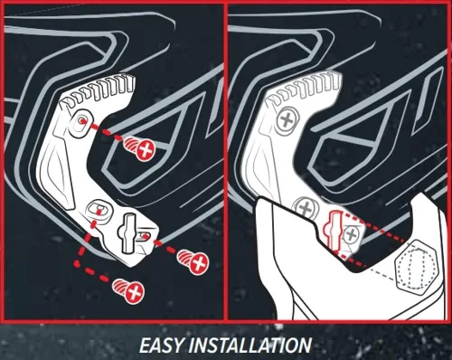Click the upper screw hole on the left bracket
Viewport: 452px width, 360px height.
click(80, 123)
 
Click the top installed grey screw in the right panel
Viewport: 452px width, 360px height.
click(287, 120)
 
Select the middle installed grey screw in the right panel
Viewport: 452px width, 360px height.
click(306, 208)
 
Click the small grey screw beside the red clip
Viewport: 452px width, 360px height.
click(351, 234)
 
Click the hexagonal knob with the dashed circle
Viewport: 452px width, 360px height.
click(416, 264)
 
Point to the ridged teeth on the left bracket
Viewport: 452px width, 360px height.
click(99, 90)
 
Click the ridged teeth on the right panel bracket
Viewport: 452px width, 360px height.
click(305, 88)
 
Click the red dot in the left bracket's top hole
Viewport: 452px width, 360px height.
click(81, 120)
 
